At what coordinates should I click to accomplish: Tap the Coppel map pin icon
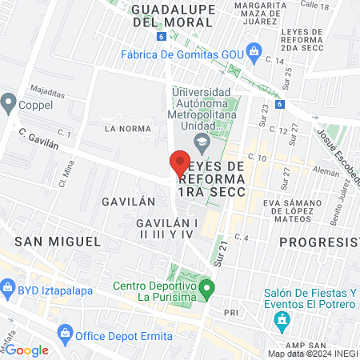[10, 102]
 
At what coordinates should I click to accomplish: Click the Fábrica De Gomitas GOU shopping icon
[254, 54]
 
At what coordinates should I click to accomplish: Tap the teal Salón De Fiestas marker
[281, 322]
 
